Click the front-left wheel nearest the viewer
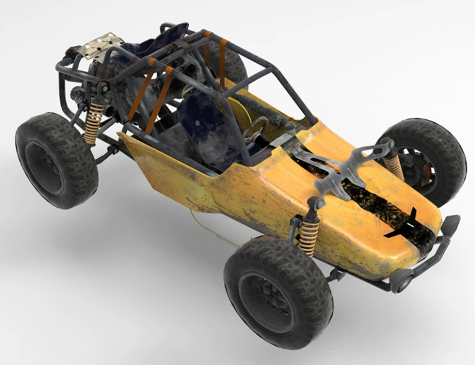coord(277,292)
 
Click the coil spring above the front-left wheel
coord(309,235)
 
